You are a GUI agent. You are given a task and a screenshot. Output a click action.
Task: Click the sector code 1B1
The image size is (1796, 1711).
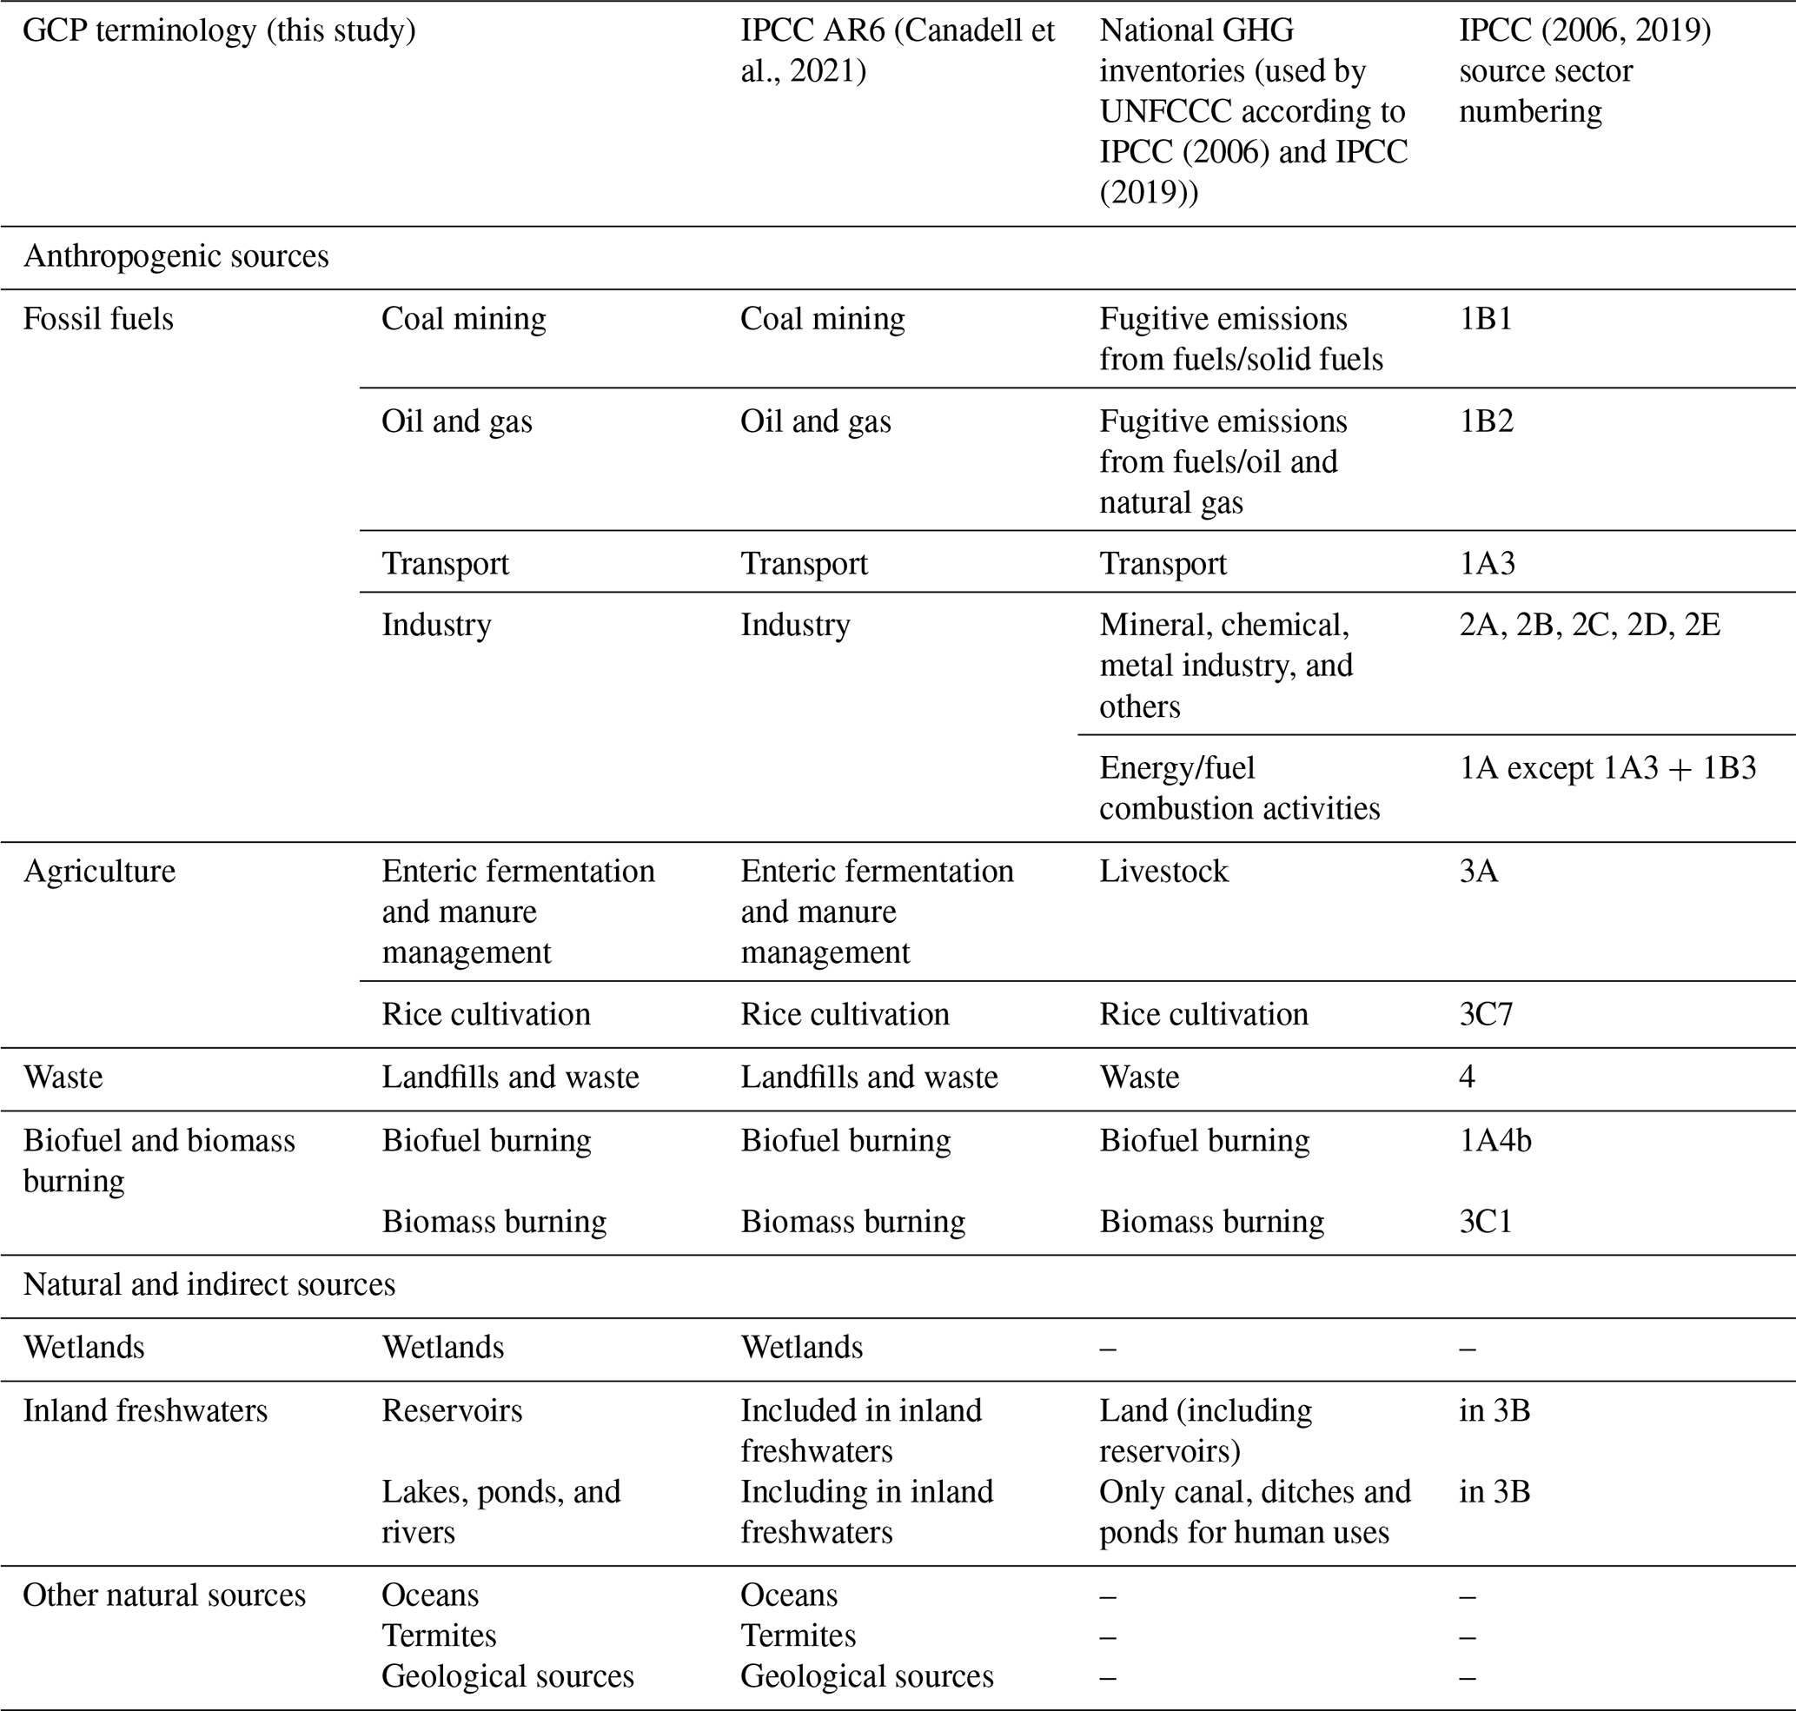(1485, 319)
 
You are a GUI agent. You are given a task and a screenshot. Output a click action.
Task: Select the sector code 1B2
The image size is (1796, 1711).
(1486, 421)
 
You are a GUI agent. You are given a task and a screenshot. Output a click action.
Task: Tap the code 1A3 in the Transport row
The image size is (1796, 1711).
(1487, 564)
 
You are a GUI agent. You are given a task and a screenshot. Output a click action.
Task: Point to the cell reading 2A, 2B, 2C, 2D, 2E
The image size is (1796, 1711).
(1589, 625)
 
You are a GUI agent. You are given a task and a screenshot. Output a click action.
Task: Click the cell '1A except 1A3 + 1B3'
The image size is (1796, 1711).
(1607, 768)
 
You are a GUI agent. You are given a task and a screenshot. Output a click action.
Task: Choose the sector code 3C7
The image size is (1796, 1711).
(1486, 1014)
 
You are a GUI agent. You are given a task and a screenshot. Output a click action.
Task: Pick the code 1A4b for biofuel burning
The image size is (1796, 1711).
(1495, 1140)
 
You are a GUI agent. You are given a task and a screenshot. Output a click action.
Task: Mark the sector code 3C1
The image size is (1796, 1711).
(1486, 1221)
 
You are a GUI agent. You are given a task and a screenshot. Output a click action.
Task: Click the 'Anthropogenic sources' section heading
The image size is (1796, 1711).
(176, 256)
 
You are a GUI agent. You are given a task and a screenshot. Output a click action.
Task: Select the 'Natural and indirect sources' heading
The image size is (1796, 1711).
(209, 1284)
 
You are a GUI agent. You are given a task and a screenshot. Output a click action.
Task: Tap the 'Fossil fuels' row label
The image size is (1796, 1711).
(97, 319)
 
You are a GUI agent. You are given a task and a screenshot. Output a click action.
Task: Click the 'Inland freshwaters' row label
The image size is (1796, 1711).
(145, 1410)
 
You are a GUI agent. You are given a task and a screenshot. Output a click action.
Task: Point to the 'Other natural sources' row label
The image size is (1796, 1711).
(164, 1595)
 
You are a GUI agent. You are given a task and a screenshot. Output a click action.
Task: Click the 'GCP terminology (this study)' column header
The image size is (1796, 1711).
(219, 31)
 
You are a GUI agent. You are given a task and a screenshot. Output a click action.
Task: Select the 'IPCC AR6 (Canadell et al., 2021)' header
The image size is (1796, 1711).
(897, 50)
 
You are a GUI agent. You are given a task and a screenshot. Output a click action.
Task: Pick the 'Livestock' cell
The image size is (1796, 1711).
(1164, 871)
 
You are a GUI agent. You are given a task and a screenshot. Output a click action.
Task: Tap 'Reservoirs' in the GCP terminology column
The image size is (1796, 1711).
(452, 1410)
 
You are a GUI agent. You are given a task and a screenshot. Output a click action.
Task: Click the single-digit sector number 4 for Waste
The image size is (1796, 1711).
(1467, 1078)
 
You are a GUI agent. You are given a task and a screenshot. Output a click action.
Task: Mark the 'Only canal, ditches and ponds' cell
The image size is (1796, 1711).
(1254, 1511)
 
